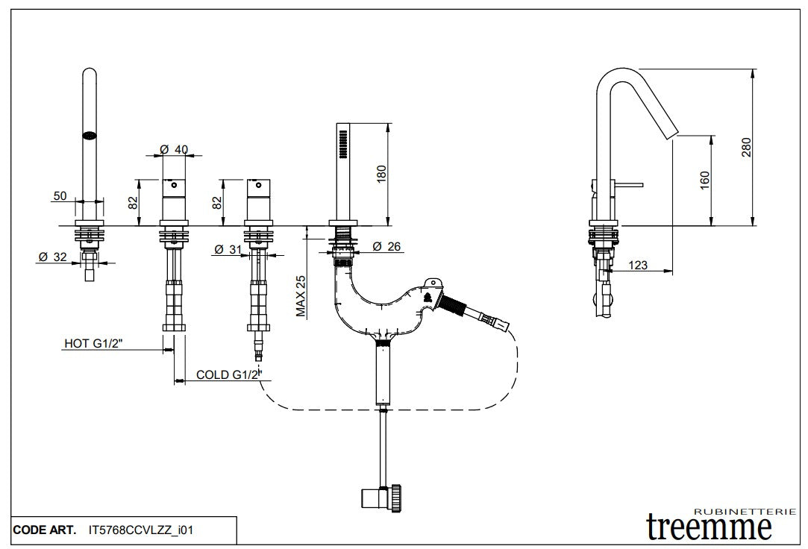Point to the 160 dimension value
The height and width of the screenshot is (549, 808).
click(x=705, y=180)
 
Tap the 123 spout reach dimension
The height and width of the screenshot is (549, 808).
click(x=639, y=264)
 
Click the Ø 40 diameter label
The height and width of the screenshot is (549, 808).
click(x=175, y=149)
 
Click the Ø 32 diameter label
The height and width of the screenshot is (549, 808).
click(x=54, y=257)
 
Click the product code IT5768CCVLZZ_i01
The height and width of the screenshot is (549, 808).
click(x=141, y=530)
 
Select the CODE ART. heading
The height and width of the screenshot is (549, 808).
click(x=44, y=530)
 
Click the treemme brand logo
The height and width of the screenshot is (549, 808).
click(x=709, y=527)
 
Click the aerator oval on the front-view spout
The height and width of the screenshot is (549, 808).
click(x=90, y=136)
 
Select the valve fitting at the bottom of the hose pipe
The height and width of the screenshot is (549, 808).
click(x=383, y=496)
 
